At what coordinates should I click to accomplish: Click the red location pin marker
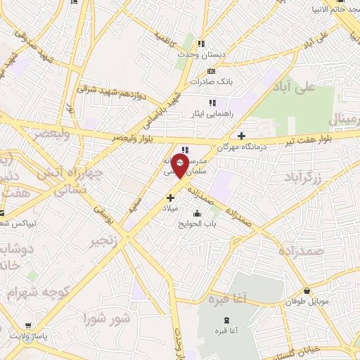(x=180, y=167)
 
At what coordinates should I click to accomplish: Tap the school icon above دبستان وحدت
(x=202, y=44)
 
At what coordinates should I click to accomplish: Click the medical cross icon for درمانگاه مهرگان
(x=242, y=136)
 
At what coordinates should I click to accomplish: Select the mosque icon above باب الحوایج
(x=195, y=214)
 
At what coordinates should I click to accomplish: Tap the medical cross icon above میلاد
(x=170, y=198)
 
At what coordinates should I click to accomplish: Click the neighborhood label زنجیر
(x=103, y=243)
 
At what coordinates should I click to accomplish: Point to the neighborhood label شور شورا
(x=107, y=319)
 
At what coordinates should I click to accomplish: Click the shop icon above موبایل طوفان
(x=307, y=291)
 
